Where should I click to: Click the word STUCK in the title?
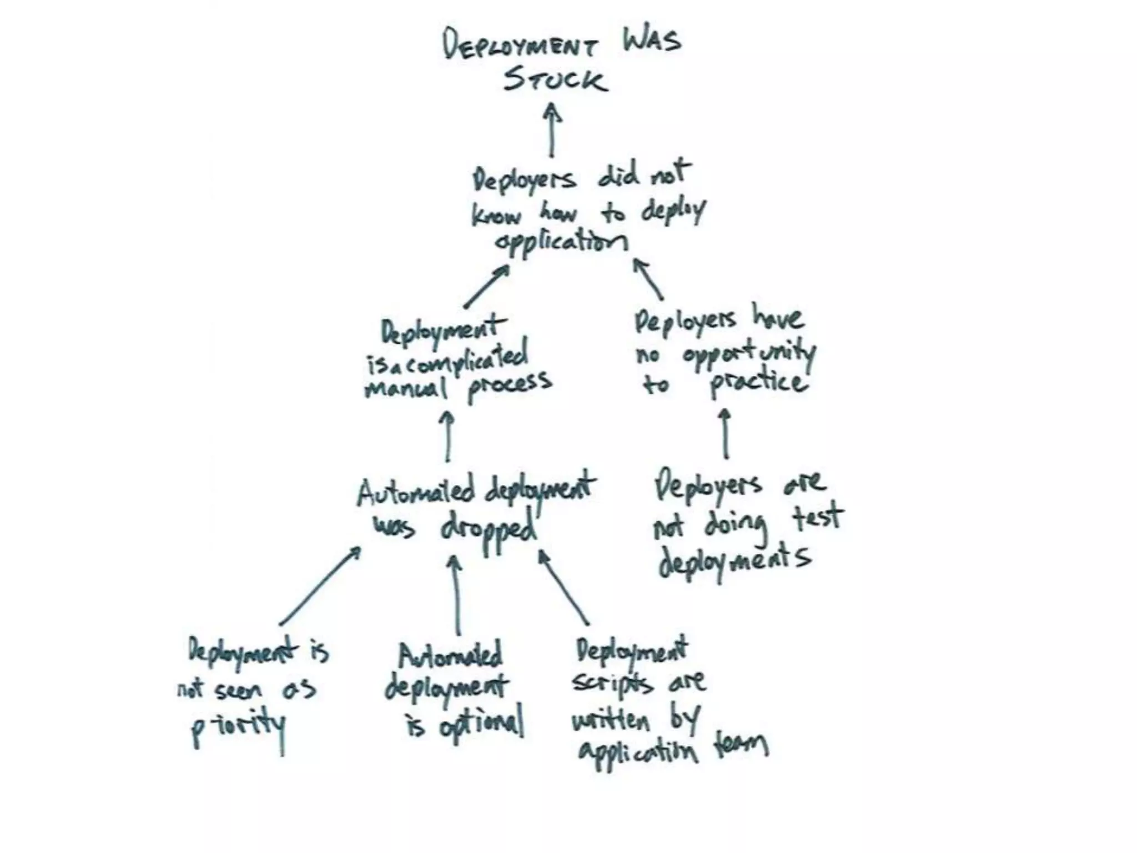(555, 79)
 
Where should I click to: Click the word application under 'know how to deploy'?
(561, 242)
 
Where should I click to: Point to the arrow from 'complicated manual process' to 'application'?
(486, 286)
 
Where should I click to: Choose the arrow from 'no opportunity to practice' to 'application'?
(648, 279)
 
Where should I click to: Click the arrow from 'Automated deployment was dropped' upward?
(447, 436)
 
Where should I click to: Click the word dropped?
(489, 530)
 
